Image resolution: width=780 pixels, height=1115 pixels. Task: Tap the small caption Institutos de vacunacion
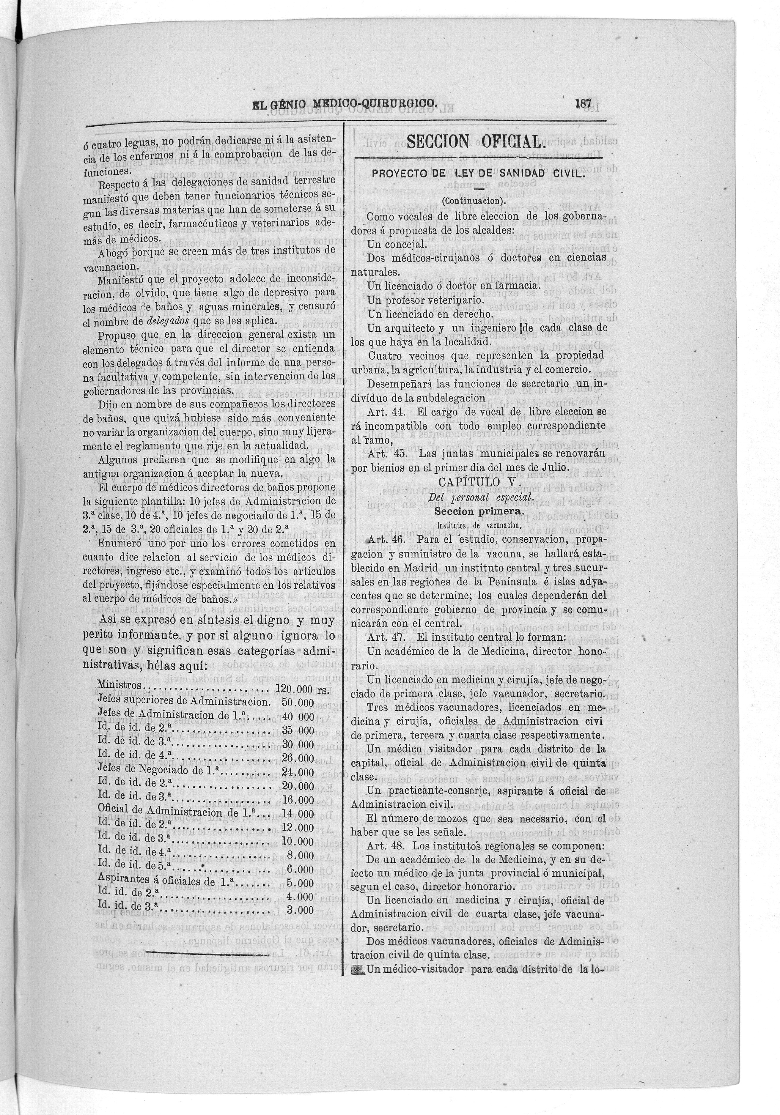(478, 525)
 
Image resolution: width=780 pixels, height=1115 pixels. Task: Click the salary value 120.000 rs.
(302, 689)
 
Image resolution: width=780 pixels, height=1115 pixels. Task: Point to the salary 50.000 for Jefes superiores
(298, 703)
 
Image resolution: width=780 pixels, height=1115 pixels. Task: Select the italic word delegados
(168, 321)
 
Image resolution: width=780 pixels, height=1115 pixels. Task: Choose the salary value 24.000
(298, 772)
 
